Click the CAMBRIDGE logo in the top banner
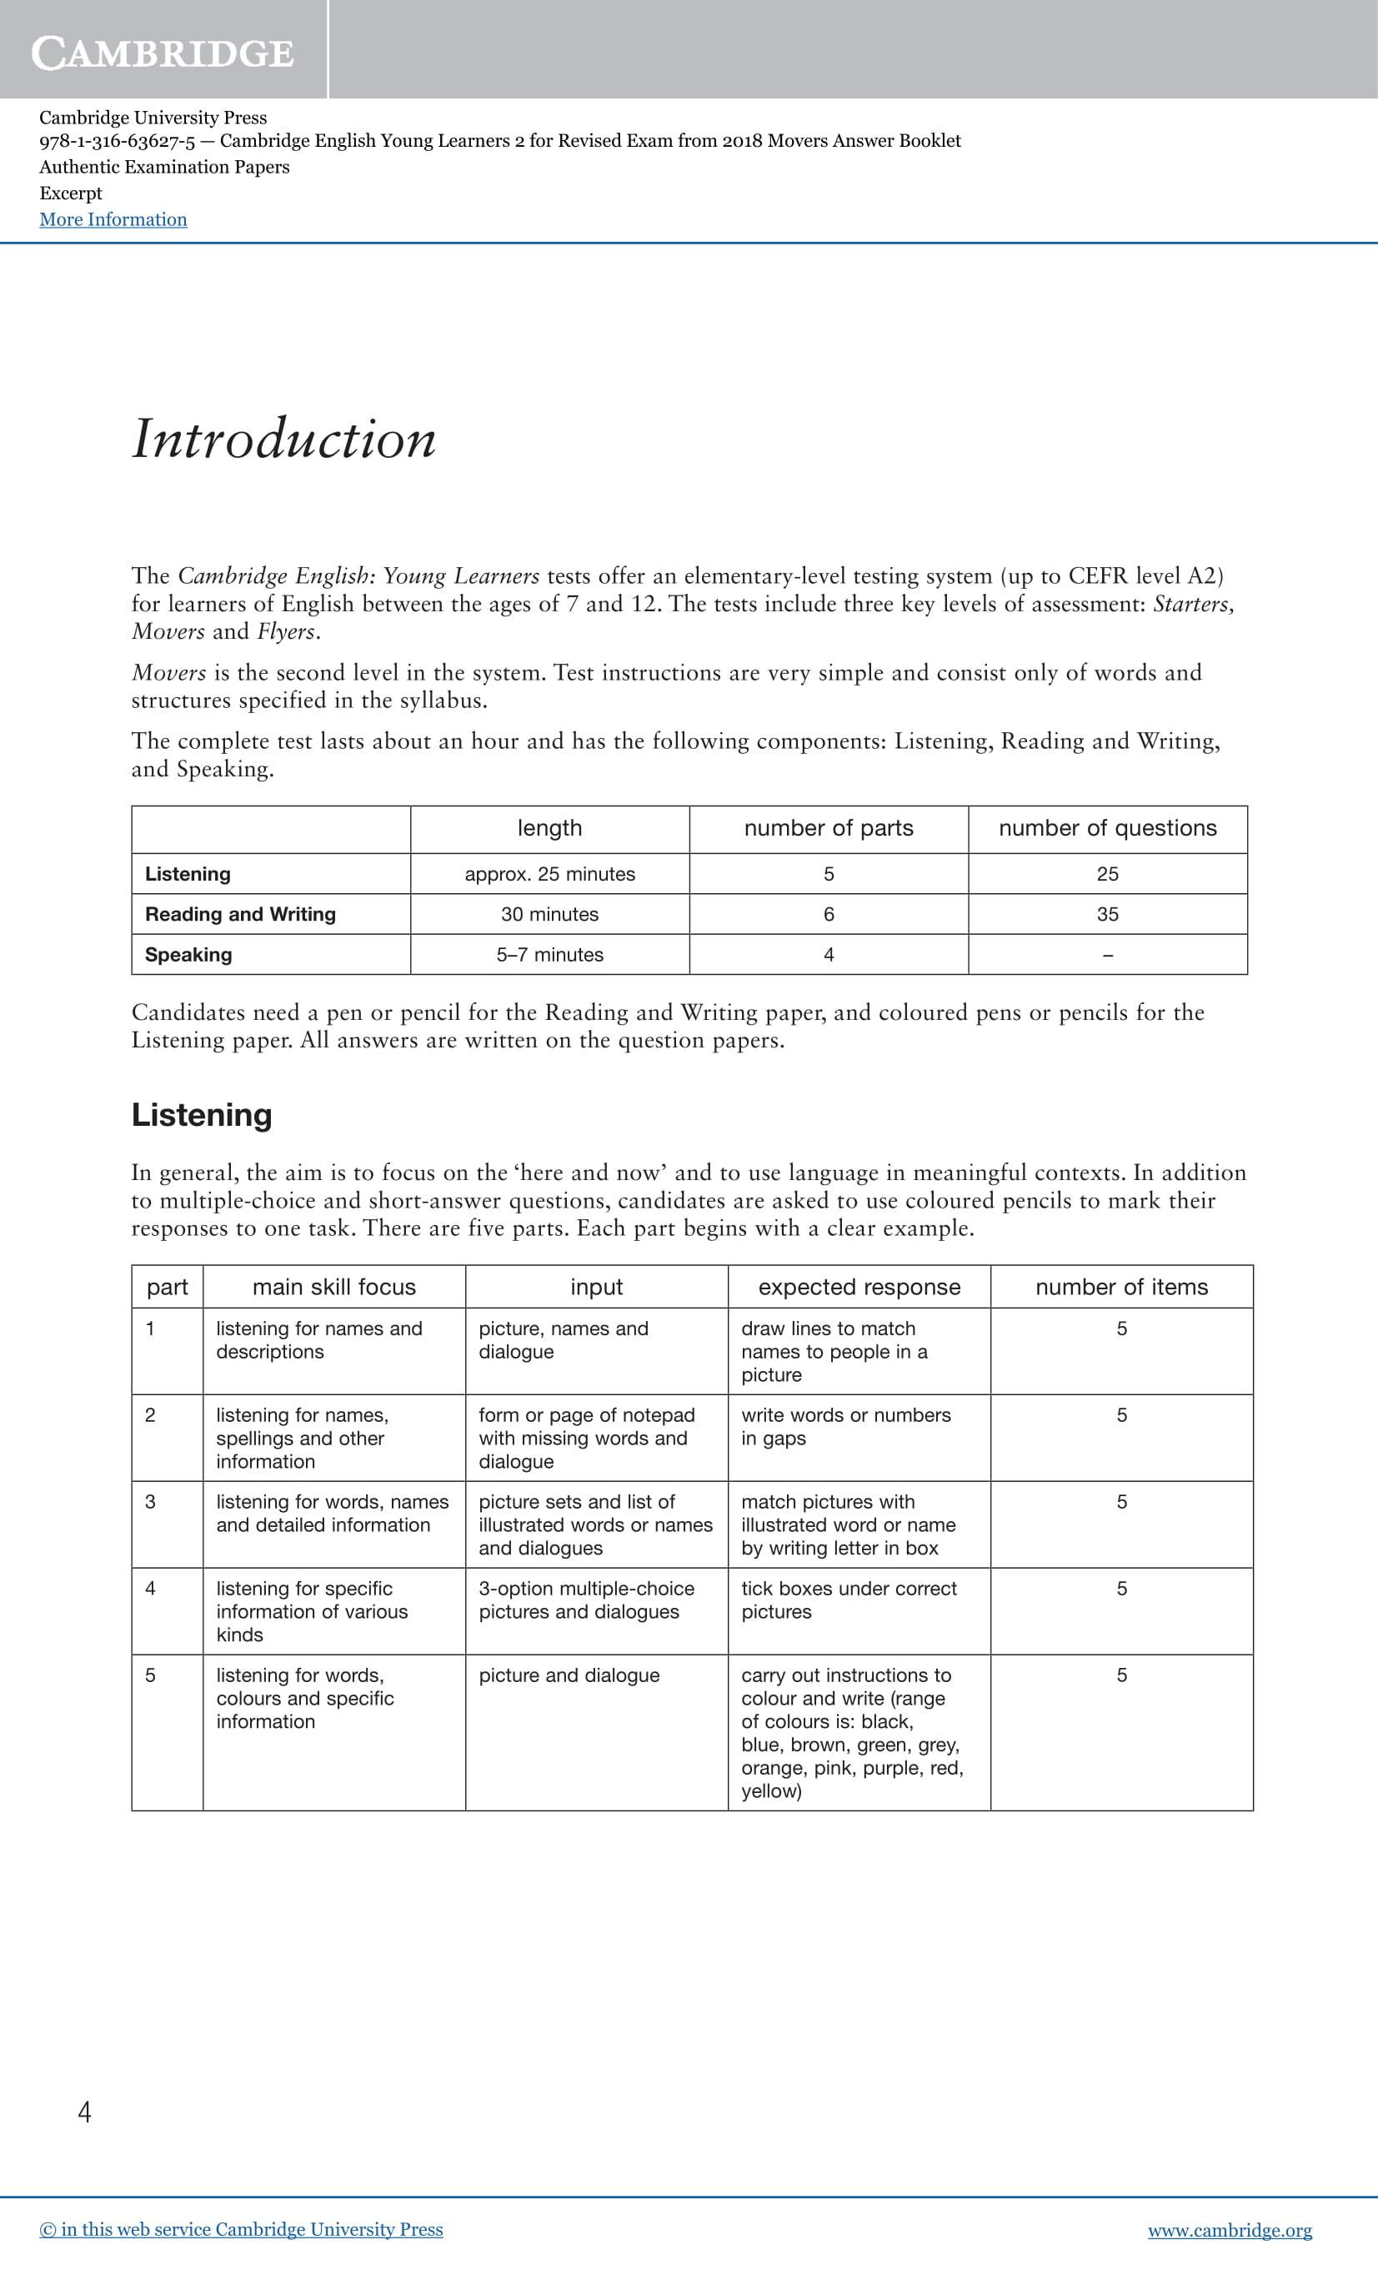tap(163, 53)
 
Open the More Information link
tap(113, 219)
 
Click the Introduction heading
tap(283, 439)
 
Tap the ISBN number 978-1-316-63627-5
tap(117, 141)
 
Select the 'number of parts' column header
tap(828, 828)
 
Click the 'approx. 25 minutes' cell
tap(549, 874)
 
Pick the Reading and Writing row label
tap(240, 914)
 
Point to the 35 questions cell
tap(1107, 914)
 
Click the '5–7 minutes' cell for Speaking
tap(549, 954)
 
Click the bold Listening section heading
tap(202, 1115)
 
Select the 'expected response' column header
tap(859, 1287)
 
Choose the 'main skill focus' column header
tap(333, 1287)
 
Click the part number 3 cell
tap(150, 1502)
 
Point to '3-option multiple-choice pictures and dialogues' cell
tap(586, 1600)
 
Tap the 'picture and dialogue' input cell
tap(569, 1675)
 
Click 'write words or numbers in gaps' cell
tap(845, 1426)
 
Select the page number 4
tap(85, 2112)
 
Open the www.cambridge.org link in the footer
tap(1229, 2230)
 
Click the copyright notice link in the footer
tap(241, 2229)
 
